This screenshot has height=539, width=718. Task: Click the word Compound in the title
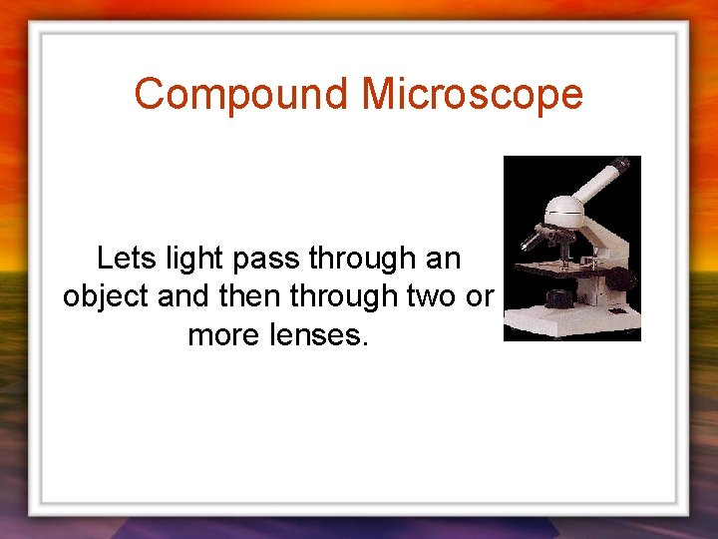pos(241,95)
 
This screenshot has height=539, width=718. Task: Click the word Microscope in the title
pos(472,95)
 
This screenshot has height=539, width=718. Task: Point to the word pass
pos(267,259)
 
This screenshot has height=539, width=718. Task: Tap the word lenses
pos(320,334)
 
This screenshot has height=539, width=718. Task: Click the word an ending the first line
pos(443,259)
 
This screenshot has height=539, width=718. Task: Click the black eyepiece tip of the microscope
pos(619,164)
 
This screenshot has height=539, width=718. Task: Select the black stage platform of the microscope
pos(558,269)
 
